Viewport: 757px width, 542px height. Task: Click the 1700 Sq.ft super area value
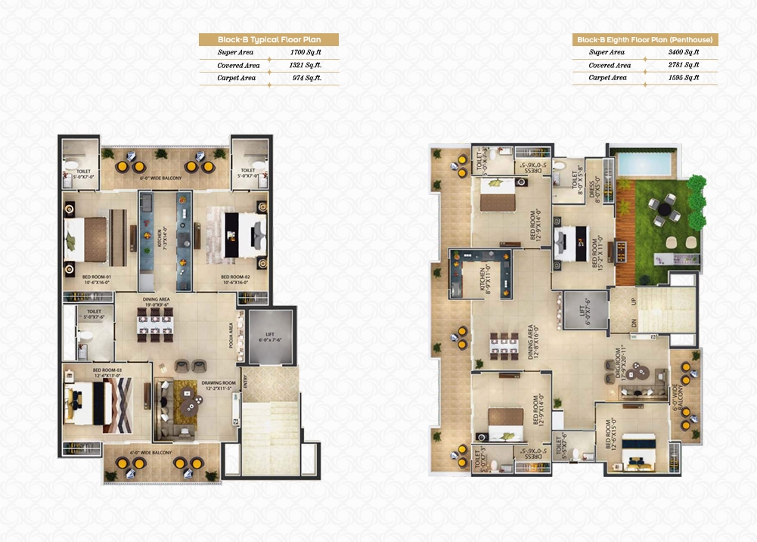point(306,53)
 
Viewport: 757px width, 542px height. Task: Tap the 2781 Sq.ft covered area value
point(682,65)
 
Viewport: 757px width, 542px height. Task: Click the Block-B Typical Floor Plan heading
point(268,39)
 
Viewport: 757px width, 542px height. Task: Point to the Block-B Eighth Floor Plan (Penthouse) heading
point(644,39)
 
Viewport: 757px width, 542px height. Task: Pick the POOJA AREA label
point(231,332)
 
